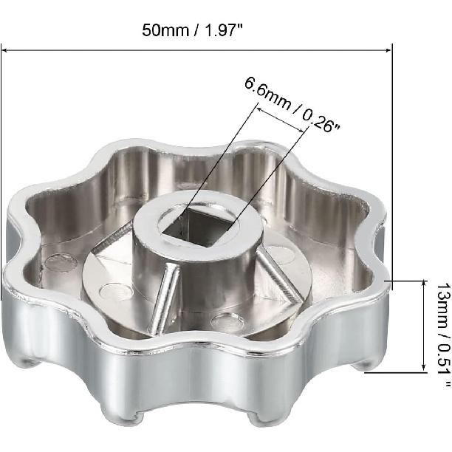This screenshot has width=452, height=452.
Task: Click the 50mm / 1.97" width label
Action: pos(193,30)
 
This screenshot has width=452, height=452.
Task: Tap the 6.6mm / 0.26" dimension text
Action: pos(292,105)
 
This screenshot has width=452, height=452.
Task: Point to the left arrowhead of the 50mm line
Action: pos(4,50)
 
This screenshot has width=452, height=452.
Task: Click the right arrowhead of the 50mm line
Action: pos(388,50)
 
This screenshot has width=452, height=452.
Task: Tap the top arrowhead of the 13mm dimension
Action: pos(423,283)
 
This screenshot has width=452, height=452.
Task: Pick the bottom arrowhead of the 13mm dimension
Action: pos(423,369)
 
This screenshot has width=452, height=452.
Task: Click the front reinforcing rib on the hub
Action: pos(162,300)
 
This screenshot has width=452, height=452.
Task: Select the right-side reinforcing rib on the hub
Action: pos(278,276)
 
